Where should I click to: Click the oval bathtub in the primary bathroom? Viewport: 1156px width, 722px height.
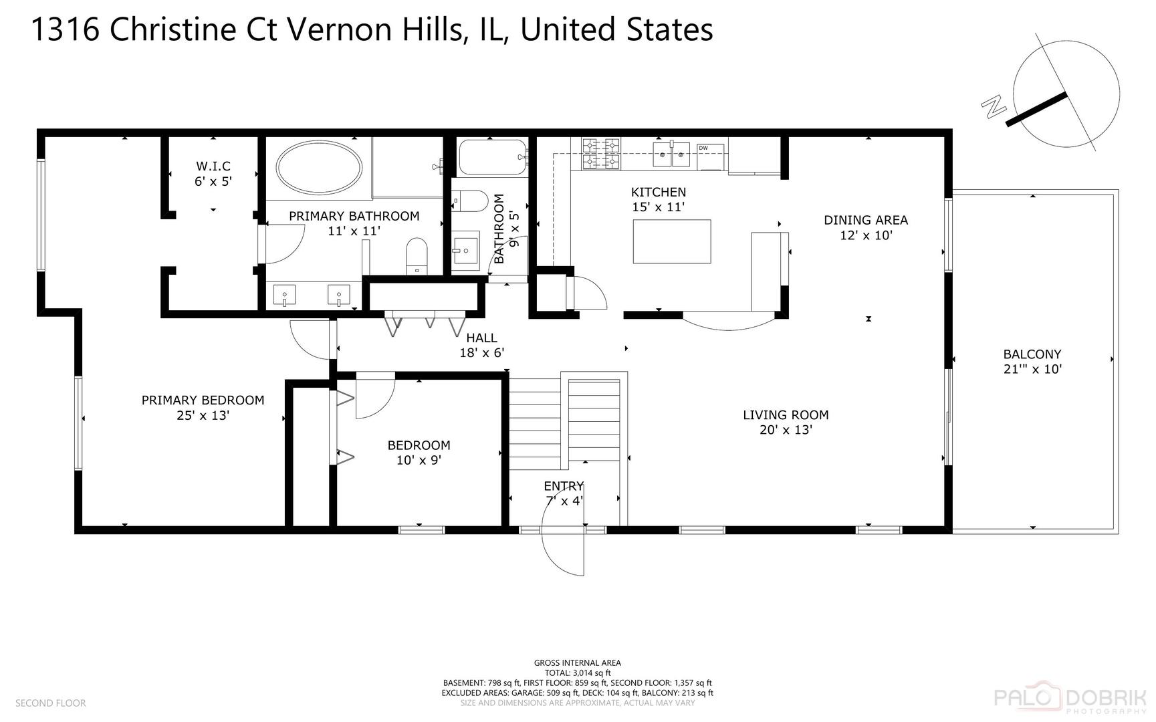click(320, 167)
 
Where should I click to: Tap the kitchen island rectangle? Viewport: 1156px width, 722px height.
click(672, 241)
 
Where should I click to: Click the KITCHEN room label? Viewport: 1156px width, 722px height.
click(659, 193)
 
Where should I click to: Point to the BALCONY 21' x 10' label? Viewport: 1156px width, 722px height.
click(1032, 362)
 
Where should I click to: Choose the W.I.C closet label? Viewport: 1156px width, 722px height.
click(213, 166)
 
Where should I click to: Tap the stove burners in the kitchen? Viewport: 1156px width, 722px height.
click(600, 154)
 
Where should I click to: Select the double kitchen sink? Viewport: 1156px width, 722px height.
click(671, 155)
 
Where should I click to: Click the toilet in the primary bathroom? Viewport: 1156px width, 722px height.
click(417, 256)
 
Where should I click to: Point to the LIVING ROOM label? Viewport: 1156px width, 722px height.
click(786, 415)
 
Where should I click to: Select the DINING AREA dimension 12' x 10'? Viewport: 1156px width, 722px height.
click(866, 235)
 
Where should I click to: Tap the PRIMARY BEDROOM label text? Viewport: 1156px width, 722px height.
click(203, 400)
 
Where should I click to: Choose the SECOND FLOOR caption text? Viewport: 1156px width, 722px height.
click(50, 703)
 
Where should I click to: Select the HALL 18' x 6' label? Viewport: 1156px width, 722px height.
click(481, 345)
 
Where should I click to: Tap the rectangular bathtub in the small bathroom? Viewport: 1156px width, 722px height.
click(492, 157)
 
